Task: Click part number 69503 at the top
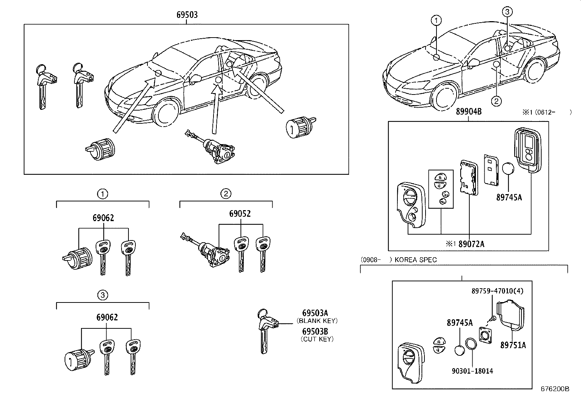coord(187,15)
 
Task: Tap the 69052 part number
coord(240,214)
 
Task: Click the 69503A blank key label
coord(315,313)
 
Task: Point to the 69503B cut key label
coord(315,331)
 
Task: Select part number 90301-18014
coord(472,371)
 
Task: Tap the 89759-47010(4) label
coord(497,291)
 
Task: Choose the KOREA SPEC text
coord(415,260)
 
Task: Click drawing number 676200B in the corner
coord(555,389)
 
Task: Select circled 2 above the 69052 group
coord(226,193)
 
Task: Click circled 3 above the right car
coord(507,12)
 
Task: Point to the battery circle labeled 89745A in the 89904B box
coord(509,171)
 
